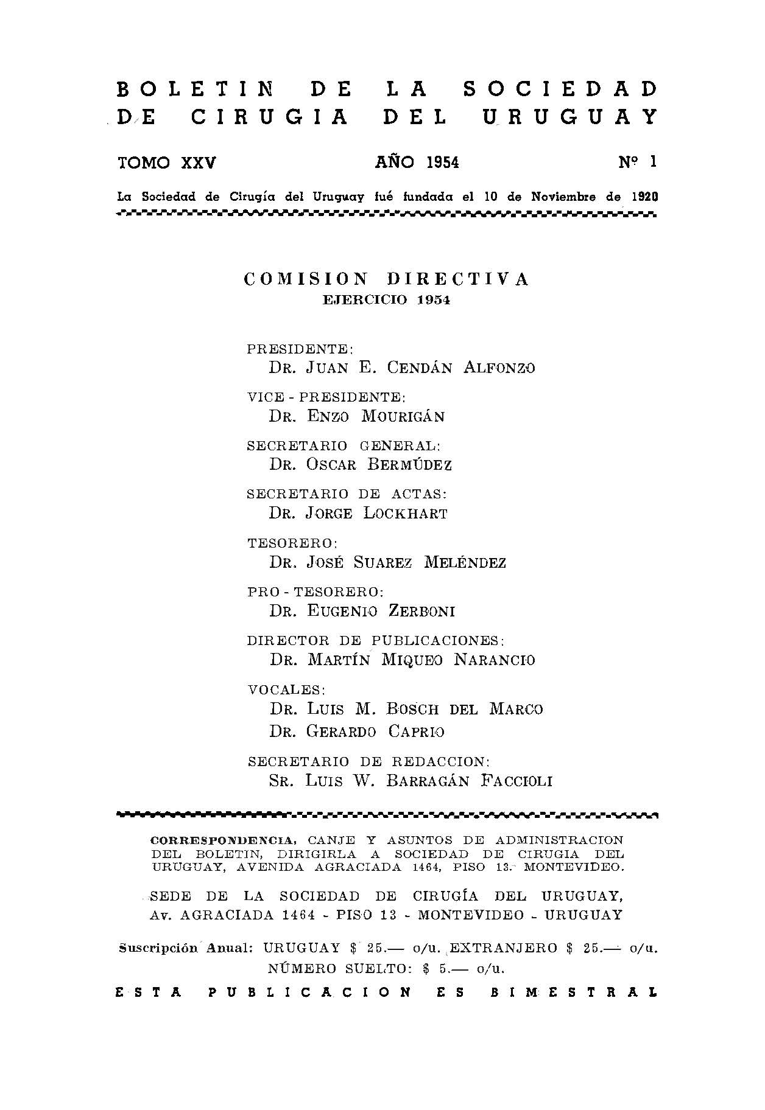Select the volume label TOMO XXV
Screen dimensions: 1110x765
coord(167,162)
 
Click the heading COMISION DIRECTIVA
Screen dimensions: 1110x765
coord(386,279)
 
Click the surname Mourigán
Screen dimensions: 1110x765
coord(403,416)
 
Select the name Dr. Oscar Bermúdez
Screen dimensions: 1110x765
coord(361,465)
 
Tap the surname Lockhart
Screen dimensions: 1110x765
coord(406,513)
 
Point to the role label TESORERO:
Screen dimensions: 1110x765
coord(292,543)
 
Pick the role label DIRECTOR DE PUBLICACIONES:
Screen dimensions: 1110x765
coord(376,641)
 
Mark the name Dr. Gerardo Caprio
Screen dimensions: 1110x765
coord(357,731)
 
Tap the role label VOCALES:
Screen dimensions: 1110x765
coord(286,690)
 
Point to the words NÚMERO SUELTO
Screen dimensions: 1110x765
coord(334,968)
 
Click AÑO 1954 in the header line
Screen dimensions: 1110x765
coord(417,162)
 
